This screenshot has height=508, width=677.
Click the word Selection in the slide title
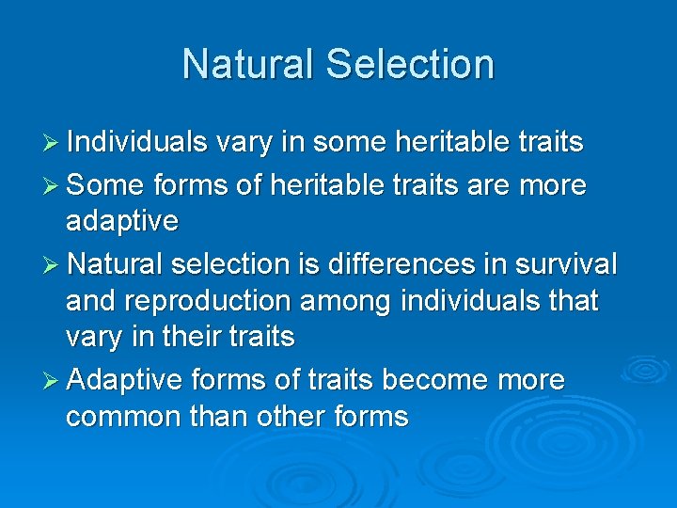pyautogui.click(x=409, y=65)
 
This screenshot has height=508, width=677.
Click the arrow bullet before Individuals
pyautogui.click(x=53, y=143)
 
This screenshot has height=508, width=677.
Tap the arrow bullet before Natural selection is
pyautogui.click(x=53, y=265)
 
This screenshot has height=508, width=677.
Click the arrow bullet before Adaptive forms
pyautogui.click(x=53, y=381)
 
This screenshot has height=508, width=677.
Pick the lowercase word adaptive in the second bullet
pyautogui.click(x=122, y=222)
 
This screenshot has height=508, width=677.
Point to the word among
pyautogui.click(x=354, y=301)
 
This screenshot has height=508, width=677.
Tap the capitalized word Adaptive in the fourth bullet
pyautogui.click(x=125, y=380)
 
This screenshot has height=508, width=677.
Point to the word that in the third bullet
pyautogui.click(x=572, y=301)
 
